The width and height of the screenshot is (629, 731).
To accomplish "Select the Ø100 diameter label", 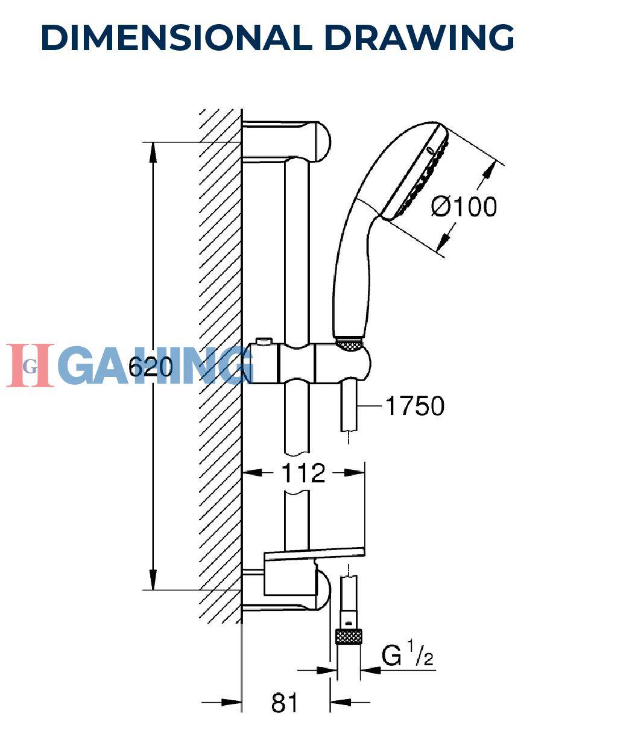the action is coord(464,206).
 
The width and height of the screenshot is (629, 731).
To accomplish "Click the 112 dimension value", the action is coord(303,473).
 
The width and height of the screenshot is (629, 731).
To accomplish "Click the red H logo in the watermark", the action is coord(30,366).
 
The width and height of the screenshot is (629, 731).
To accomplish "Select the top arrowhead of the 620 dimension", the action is coord(153,152).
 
